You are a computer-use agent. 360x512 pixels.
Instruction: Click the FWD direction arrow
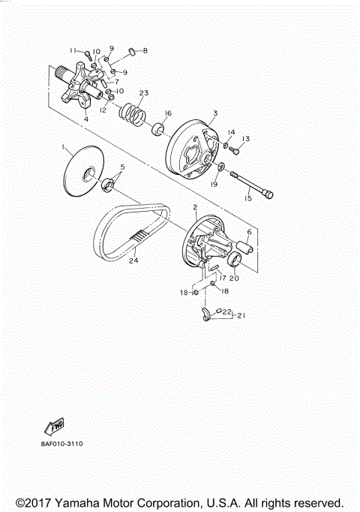click(x=54, y=426)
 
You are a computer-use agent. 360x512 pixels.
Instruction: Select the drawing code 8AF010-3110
click(x=62, y=444)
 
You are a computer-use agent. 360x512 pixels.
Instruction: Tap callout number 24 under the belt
click(x=133, y=261)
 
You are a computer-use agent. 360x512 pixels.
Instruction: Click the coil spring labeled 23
click(x=133, y=115)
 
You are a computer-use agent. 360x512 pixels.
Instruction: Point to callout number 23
click(x=144, y=93)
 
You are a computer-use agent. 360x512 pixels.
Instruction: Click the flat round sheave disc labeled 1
click(x=83, y=171)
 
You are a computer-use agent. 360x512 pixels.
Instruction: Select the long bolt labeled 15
click(x=252, y=184)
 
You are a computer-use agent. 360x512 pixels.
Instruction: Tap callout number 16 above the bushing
click(x=168, y=113)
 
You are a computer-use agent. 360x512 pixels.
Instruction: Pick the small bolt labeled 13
click(x=235, y=151)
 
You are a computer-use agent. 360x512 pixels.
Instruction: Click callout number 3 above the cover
click(x=215, y=113)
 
